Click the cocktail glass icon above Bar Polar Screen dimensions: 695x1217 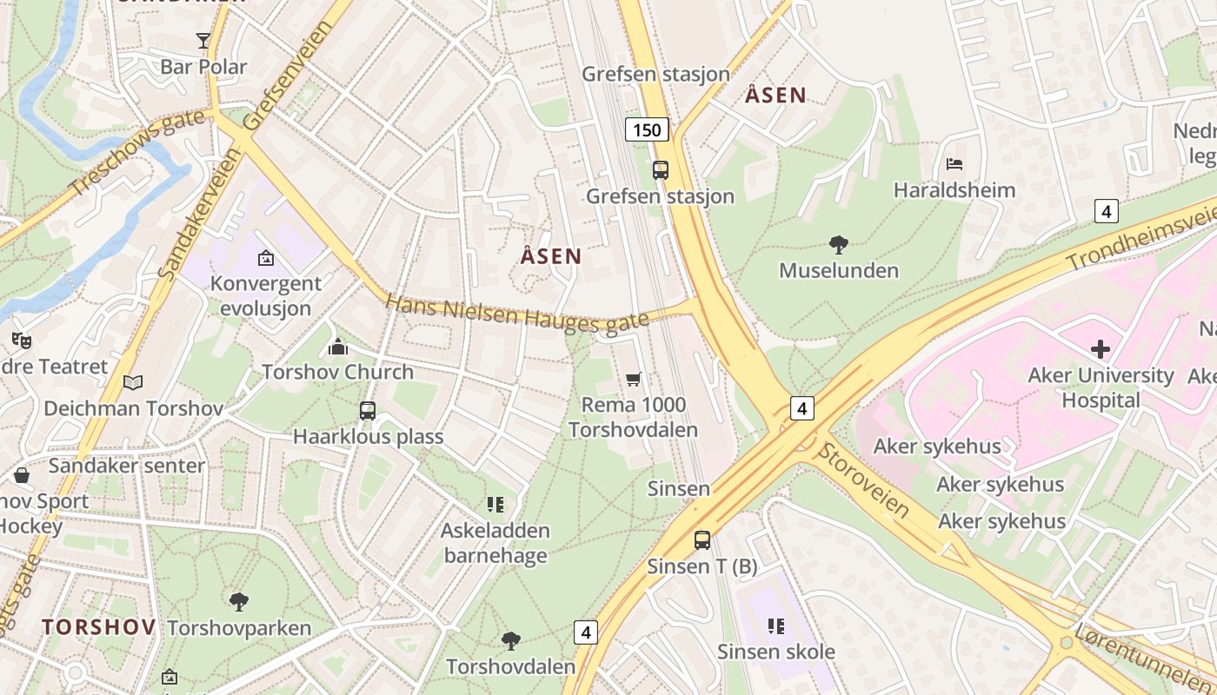[203, 40]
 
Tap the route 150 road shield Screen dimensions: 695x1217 [647, 130]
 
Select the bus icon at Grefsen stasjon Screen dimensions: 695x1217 [661, 169]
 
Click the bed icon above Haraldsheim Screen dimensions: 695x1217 [954, 163]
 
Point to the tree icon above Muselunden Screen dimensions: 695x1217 [839, 244]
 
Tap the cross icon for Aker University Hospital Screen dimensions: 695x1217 [1101, 349]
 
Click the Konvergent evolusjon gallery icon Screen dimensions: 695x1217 [265, 258]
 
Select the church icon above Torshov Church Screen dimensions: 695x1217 [337, 347]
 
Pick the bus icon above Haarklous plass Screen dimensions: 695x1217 [368, 410]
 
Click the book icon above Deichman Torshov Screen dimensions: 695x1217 [133, 382]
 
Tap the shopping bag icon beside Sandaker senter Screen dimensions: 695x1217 [22, 475]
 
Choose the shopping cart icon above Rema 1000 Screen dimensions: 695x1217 [634, 379]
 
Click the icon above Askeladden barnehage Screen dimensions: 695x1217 [495, 504]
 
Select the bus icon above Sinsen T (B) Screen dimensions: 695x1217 [702, 540]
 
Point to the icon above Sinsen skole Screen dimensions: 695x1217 [775, 625]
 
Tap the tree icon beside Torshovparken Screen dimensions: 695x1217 [238, 601]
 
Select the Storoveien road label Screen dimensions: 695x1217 [864, 481]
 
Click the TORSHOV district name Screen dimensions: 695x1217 [99, 626]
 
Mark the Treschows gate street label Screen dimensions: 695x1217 [137, 153]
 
